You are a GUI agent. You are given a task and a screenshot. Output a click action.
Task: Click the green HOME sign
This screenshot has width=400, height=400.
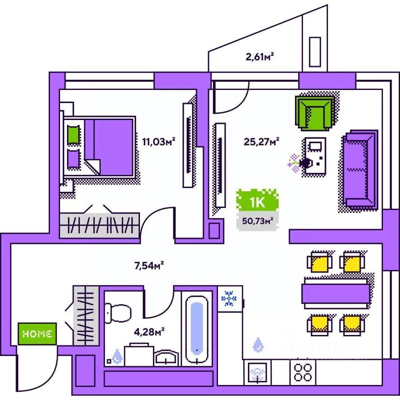click(37, 333)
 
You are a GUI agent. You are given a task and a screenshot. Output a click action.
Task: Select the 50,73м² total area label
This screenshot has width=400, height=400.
click(257, 221)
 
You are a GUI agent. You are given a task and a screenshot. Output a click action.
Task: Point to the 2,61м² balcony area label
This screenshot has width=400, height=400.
click(262, 57)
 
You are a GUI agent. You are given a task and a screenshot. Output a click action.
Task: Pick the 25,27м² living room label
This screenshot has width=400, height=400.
click(261, 142)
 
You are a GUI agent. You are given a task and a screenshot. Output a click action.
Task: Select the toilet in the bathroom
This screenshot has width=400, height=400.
click(117, 313)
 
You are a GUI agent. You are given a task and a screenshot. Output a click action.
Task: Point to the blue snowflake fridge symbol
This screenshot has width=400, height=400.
click(228, 299)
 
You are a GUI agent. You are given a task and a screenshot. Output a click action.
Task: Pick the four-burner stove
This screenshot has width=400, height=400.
click(303, 371)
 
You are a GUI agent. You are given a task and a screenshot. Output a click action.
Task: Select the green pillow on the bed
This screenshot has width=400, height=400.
click(73, 135)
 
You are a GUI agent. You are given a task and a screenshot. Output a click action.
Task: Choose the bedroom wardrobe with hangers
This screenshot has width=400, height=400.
click(99, 225)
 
